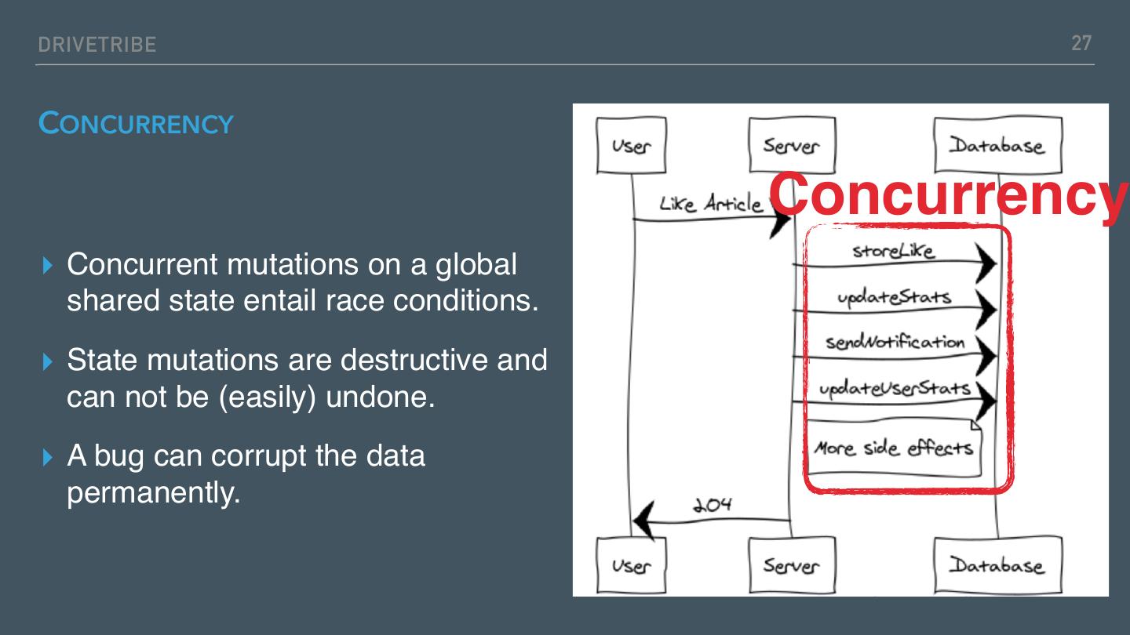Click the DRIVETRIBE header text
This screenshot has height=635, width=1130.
point(97,45)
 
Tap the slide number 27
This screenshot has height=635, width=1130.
point(1081,43)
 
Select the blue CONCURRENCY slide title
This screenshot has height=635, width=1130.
point(136,124)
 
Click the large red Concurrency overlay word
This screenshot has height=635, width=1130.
point(948,194)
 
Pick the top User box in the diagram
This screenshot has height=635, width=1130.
point(631,145)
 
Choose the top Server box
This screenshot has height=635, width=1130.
point(791,145)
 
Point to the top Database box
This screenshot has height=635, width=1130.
point(997,145)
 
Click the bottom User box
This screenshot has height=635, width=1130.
point(631,565)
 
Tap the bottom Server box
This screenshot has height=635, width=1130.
point(791,565)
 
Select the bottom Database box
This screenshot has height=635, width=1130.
point(997,565)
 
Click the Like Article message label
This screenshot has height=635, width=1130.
point(710,204)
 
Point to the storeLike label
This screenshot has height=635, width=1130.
point(893,251)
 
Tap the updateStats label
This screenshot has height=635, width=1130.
point(893,297)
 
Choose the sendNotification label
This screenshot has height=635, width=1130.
point(895,343)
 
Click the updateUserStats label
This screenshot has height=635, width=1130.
point(895,389)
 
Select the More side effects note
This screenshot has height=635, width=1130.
point(894,448)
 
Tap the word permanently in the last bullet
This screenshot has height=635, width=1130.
point(153,492)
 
